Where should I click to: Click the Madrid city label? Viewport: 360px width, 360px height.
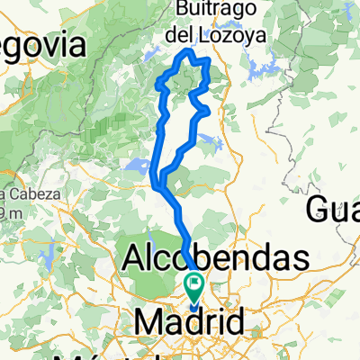point(189,322)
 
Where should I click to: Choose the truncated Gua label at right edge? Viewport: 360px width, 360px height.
point(335,211)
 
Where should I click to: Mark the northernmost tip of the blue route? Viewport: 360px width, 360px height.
point(187,51)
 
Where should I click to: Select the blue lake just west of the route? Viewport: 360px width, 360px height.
point(139,166)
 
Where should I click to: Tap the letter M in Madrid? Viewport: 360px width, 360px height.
point(148,322)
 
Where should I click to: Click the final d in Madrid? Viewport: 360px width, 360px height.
point(232,322)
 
